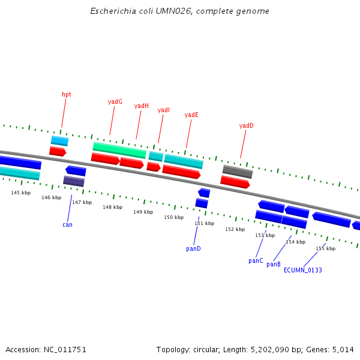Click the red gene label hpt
(67, 95)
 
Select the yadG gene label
(115, 101)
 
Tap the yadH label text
(142, 106)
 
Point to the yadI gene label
(164, 110)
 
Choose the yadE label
(191, 115)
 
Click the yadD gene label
(247, 125)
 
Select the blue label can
(67, 225)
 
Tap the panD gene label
(193, 248)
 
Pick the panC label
(256, 261)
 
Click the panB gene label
(274, 264)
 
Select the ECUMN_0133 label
(303, 270)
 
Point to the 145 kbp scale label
(21, 193)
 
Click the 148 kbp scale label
(113, 207)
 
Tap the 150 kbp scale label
(174, 217)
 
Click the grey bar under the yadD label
(238, 172)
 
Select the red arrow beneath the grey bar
(235, 182)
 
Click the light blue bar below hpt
(59, 141)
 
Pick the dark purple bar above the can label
(74, 181)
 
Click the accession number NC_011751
(65, 350)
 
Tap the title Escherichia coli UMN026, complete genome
(179, 11)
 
